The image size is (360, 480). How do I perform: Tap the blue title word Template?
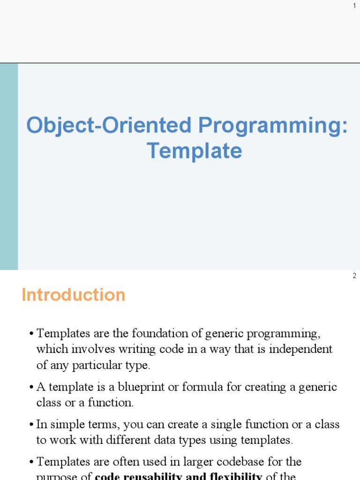click(194, 151)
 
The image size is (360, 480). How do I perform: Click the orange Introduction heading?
click(74, 295)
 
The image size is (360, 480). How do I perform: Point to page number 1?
click(354, 5)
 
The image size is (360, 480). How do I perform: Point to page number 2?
click(354, 276)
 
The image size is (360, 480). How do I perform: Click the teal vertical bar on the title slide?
click(9, 166)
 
